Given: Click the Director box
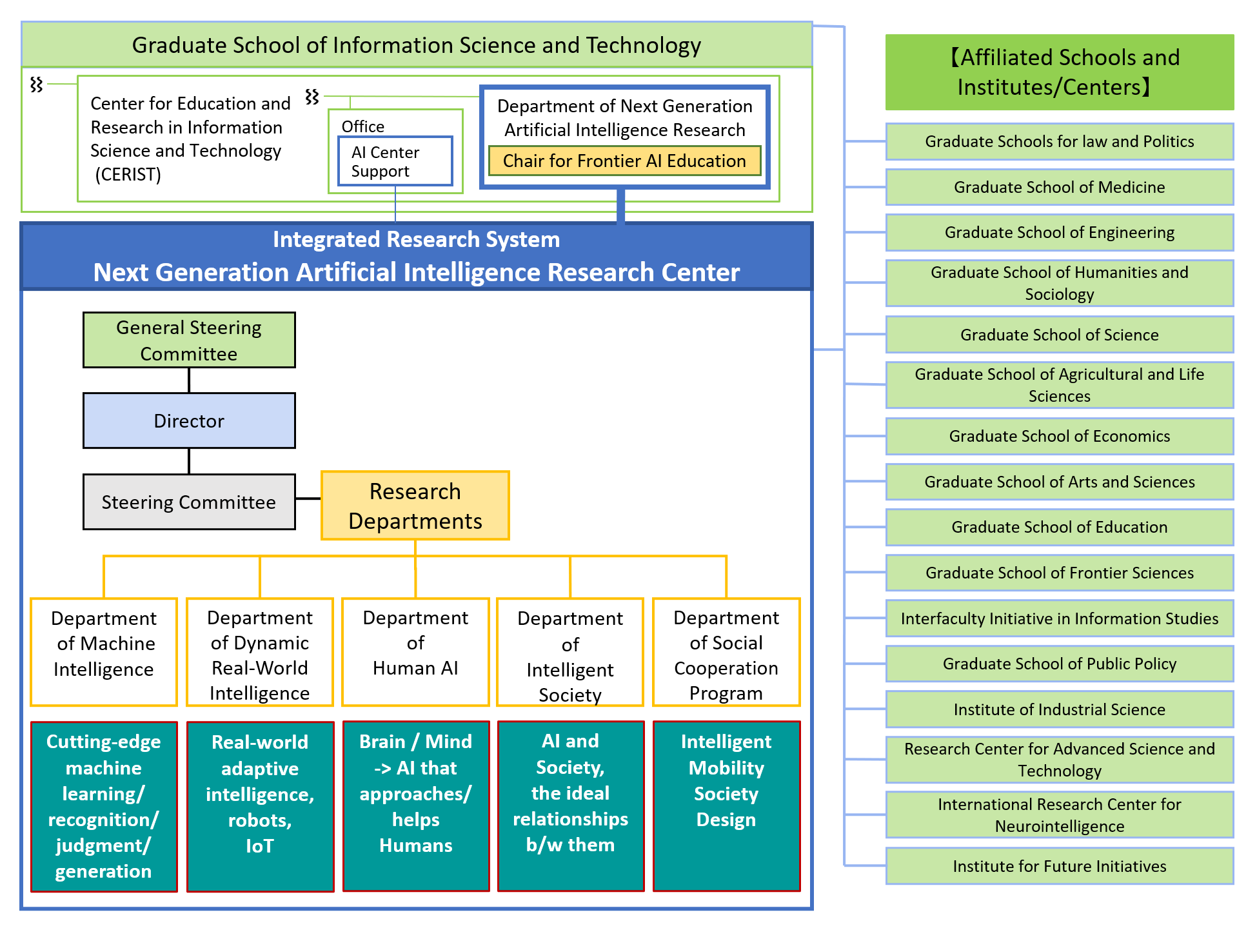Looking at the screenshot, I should point(189,420).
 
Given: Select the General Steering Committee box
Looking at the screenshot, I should point(189,340).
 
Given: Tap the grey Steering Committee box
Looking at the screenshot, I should point(189,502).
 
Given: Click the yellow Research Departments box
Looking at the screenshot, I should point(415,506).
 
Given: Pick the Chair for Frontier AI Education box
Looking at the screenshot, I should point(624,161).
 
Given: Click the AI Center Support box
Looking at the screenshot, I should point(395,161).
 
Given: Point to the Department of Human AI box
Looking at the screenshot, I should point(415,651).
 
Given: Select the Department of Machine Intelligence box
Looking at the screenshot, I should point(104,651).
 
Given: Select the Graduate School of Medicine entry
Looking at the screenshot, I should point(1059,187).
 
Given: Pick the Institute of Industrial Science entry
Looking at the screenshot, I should point(1059,709).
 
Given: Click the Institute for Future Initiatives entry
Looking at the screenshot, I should point(1059,866).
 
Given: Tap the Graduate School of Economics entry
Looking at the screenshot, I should point(1059,436).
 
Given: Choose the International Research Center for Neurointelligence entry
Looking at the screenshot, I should point(1059,815).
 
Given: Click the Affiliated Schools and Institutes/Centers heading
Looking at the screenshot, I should point(1059,72).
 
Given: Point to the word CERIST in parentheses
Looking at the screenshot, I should point(128,175).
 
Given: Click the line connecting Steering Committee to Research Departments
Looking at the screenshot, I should point(308,499).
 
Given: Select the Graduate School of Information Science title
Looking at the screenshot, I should point(416,45).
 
